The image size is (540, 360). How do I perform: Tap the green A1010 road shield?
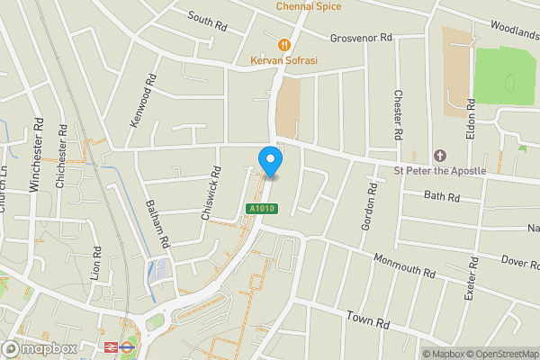pos(261,209)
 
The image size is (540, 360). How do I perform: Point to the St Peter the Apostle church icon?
pos(440,155)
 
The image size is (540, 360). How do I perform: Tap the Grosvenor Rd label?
pos(362,38)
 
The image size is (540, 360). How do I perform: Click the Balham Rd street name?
pos(158,224)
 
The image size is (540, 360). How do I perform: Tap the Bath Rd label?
pos(441,196)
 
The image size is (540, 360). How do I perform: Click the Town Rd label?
pos(369,319)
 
